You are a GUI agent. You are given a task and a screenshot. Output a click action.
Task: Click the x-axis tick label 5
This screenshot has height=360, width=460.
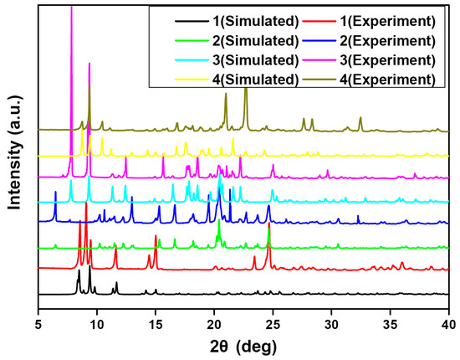(38, 313)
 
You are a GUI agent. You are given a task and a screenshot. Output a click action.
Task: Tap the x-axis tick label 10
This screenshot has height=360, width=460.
(97, 313)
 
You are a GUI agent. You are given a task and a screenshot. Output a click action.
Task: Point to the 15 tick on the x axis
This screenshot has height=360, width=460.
(156, 313)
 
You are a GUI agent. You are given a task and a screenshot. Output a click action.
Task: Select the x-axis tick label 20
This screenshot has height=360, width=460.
(214, 313)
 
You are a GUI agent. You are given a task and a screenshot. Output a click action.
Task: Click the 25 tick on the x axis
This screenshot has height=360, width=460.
(273, 313)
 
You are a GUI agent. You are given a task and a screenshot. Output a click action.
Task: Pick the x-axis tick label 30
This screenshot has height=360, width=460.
(332, 313)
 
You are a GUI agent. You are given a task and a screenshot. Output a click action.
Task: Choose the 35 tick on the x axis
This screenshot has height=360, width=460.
(391, 313)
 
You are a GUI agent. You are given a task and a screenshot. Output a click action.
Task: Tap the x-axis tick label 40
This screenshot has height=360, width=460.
(448, 313)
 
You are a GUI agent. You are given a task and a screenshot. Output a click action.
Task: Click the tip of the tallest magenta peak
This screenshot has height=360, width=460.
(72, 7)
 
